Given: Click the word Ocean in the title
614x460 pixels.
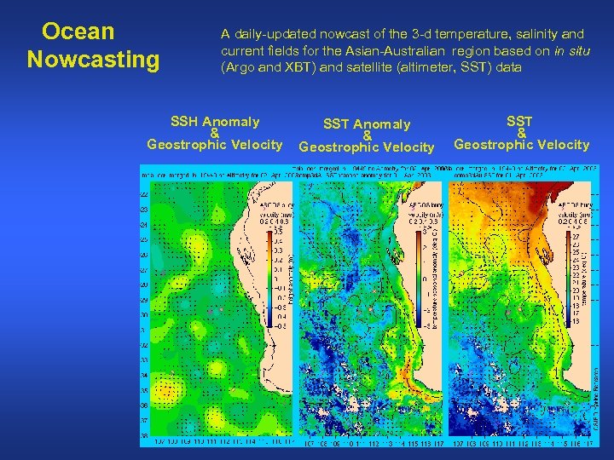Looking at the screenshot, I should pos(78,32).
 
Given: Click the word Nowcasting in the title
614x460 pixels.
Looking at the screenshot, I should pos(93,60).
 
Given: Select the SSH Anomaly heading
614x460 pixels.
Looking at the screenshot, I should pos(215,122).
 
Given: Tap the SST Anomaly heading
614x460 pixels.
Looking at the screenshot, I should pos(367,126).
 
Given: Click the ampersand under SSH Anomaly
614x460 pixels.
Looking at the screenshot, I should pos(215,133).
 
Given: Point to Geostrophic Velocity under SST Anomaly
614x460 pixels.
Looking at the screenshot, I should pos(367,147).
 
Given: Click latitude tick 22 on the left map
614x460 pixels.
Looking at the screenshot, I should pos(143,194).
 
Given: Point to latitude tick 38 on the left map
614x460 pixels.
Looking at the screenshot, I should pos(143,434).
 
